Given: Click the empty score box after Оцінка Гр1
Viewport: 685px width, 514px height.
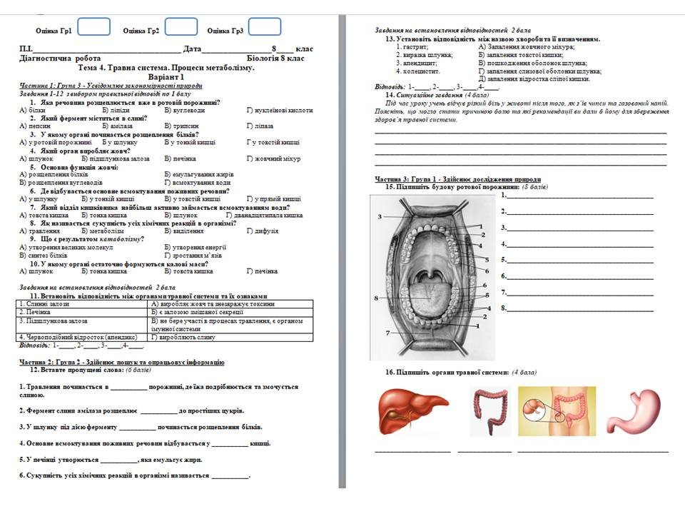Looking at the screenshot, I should coord(93,27).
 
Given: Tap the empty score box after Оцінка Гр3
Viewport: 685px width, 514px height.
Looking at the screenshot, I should coord(264,27).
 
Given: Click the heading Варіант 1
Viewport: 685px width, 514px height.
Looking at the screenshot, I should coord(166,76).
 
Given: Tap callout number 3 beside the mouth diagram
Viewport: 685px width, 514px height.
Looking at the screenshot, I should coord(380,216).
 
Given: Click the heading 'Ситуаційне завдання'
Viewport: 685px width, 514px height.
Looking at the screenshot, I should coord(423,95).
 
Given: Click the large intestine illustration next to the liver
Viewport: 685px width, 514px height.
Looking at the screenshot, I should coord(491,412).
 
